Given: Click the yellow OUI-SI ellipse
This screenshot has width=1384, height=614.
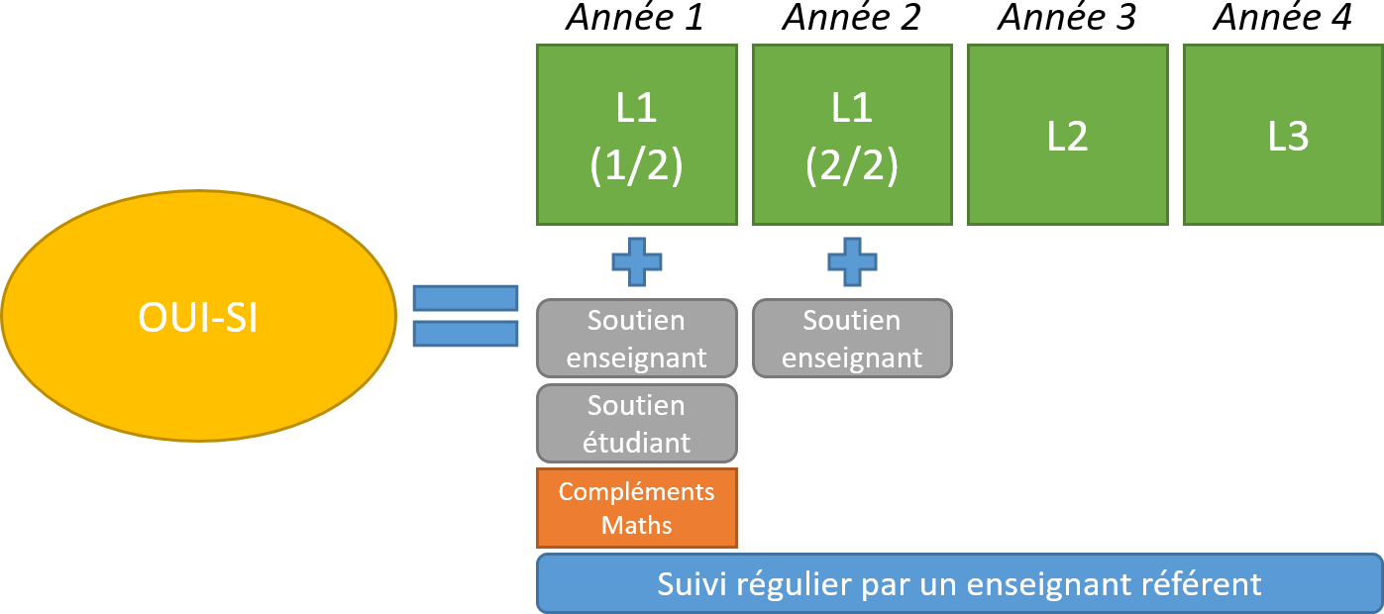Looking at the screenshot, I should coord(197,316).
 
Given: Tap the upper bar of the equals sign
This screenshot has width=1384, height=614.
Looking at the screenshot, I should coord(466,298).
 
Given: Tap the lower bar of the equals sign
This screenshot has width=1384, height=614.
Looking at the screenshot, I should coord(466,334).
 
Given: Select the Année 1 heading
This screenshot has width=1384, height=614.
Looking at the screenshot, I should coord(635,19).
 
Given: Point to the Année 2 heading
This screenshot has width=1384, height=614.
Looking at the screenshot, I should coord(851,19).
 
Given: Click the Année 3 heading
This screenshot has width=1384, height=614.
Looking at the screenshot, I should coord(1067,19).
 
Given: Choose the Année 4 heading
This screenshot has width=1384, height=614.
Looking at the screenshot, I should coord(1283,19).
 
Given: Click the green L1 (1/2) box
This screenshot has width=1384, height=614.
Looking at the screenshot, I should coord(637,135).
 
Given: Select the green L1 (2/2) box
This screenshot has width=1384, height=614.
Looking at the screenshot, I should coord(852,135).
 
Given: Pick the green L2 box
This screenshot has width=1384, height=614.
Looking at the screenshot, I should coord(1067,135).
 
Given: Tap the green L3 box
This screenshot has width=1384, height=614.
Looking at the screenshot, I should coord(1284,135).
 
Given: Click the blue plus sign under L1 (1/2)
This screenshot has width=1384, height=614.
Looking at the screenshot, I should coord(637,261).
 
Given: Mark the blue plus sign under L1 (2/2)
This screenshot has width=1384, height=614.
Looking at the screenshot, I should coord(852,261).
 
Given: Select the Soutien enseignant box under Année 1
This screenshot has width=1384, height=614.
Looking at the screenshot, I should coord(637,338).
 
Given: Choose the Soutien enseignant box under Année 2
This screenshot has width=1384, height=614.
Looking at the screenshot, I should coord(852,338).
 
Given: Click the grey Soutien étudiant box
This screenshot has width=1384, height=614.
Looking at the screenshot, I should coord(637,423).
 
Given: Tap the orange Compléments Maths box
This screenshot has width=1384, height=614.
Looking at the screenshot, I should coord(637,508).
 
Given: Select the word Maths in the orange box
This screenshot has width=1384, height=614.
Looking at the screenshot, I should coord(637,525).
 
